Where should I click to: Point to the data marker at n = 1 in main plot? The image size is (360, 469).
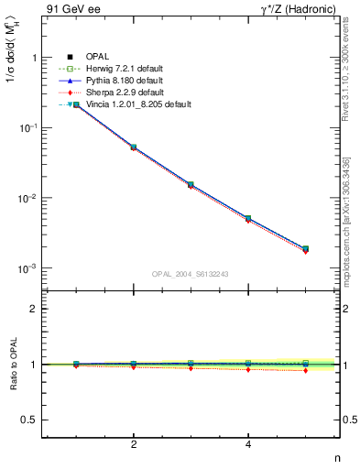pos(76,105)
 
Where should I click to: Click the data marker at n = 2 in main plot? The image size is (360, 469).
pos(134,147)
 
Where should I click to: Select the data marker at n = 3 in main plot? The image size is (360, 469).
pos(191,184)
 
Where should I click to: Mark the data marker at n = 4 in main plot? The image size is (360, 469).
pos(248,218)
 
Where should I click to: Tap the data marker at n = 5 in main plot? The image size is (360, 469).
pos(305,248)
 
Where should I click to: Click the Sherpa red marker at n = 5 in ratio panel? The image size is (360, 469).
pos(305,370)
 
